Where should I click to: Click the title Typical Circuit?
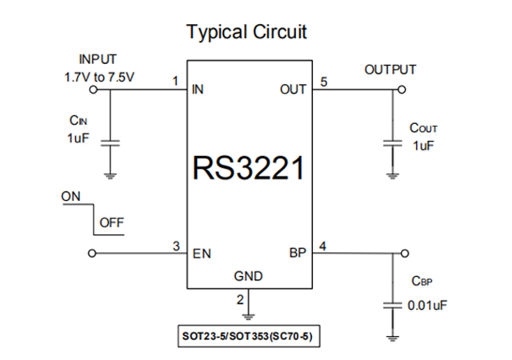pos(246,33)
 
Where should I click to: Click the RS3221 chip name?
pos(249,168)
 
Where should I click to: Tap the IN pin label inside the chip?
pos(198,90)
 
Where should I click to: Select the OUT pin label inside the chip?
pos(293,90)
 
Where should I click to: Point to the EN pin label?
pos(202,254)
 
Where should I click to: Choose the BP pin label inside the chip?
pos(297,254)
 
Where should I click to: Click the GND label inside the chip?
pos(249,277)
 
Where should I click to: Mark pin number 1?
pos(174,81)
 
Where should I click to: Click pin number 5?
pos(323,81)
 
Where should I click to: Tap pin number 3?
pos(174,245)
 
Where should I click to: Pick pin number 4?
pos(322,245)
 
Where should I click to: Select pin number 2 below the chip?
pos(239,300)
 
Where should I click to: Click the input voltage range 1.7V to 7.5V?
pos(97,78)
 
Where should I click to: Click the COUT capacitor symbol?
pos(393,143)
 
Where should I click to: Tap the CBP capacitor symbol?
pos(393,305)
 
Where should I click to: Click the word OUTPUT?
pos(390,70)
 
